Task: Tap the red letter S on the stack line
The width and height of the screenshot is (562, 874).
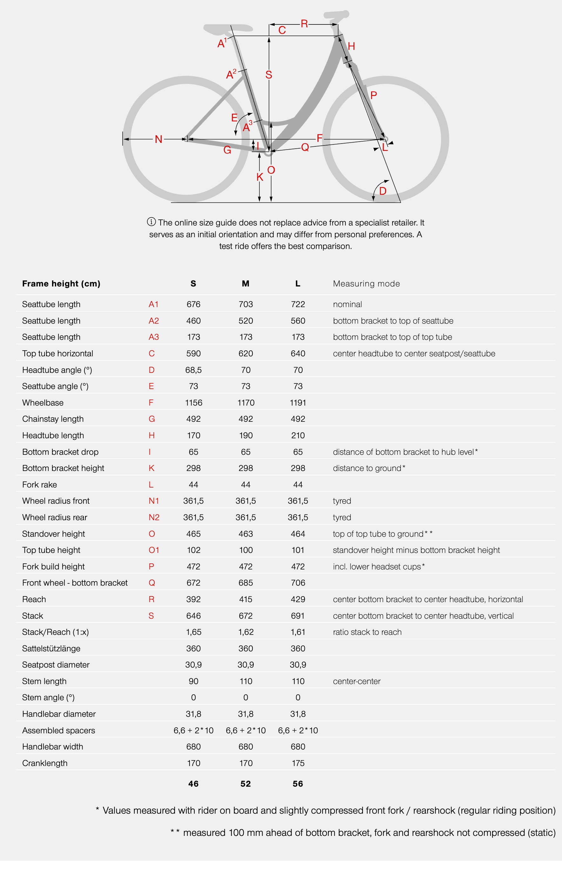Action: (x=269, y=75)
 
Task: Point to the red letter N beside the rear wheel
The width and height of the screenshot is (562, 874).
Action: (x=158, y=139)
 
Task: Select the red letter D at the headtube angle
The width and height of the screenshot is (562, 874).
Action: (x=383, y=191)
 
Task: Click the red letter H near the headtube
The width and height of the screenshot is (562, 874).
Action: (x=351, y=46)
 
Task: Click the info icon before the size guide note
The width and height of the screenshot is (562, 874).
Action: (x=151, y=222)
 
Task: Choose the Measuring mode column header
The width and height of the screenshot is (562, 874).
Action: (x=366, y=284)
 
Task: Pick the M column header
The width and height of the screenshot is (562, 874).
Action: (x=246, y=284)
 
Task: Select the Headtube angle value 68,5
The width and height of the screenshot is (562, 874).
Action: (x=193, y=370)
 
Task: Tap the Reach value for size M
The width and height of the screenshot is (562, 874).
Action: (x=246, y=599)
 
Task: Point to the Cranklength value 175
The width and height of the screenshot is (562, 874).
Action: (x=298, y=763)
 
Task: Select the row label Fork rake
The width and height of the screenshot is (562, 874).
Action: (x=39, y=485)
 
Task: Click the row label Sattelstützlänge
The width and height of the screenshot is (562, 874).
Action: (x=51, y=649)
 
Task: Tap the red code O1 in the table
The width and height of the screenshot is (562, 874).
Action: (x=154, y=550)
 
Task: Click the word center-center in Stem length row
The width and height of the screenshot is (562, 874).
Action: (x=357, y=681)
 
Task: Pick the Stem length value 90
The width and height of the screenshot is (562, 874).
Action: (x=193, y=681)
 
